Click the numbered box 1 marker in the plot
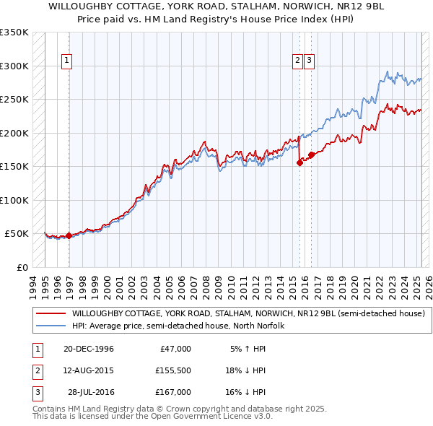pyautogui.click(x=66, y=61)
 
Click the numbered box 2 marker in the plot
pyautogui.click(x=297, y=61)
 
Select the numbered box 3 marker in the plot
pyautogui.click(x=309, y=61)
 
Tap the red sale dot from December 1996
pyautogui.click(x=69, y=235)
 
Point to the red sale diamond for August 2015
pyautogui.click(x=299, y=163)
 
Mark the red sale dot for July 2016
pyautogui.click(x=311, y=155)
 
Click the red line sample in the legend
pyautogui.click(x=51, y=314)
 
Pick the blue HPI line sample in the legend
pyautogui.click(x=51, y=326)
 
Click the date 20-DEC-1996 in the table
pyautogui.click(x=89, y=349)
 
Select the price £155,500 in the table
pyautogui.click(x=173, y=370)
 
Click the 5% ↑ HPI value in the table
pyautogui.click(x=248, y=349)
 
